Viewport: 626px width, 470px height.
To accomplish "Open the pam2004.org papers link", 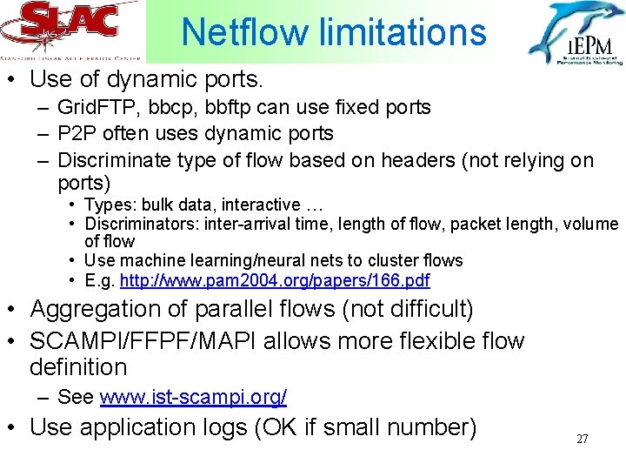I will (x=275, y=281).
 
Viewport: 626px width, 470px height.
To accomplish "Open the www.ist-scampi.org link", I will (x=193, y=398).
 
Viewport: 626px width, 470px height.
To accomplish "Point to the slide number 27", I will (x=583, y=439).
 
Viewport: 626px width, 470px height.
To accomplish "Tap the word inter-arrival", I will (x=241, y=225).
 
